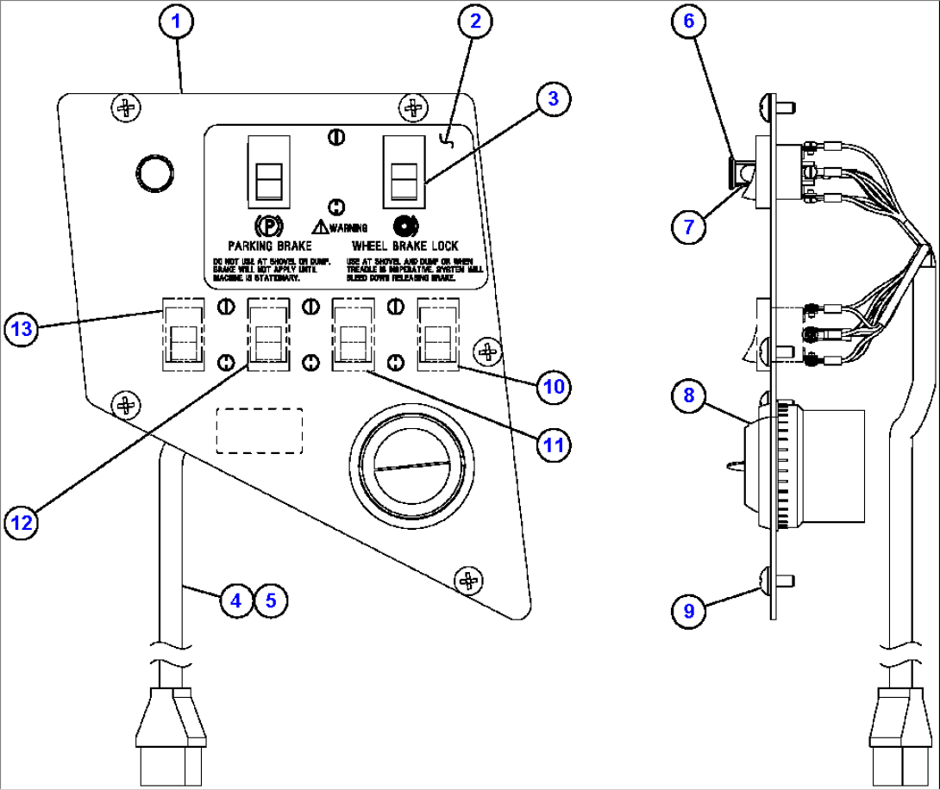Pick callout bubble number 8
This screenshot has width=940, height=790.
688,395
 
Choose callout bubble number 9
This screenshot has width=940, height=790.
688,611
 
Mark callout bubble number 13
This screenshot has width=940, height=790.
22,328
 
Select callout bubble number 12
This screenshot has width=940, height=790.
22,520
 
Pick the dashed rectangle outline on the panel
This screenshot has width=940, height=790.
259,430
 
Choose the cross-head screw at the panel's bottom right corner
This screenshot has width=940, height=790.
469,581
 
